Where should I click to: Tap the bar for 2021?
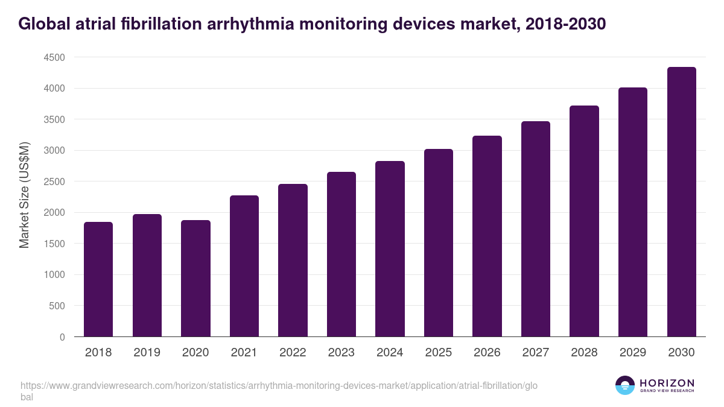click(x=244, y=266)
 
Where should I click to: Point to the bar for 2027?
click(x=536, y=229)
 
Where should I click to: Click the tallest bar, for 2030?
click(x=681, y=202)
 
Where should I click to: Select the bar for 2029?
click(x=633, y=212)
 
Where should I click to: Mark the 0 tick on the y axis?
click(x=62, y=337)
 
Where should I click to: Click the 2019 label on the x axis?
click(x=147, y=353)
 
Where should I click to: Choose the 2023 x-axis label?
click(x=341, y=353)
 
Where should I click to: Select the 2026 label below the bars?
click(x=487, y=353)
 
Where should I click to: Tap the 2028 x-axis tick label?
click(x=584, y=353)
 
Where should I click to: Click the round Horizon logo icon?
click(x=625, y=385)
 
